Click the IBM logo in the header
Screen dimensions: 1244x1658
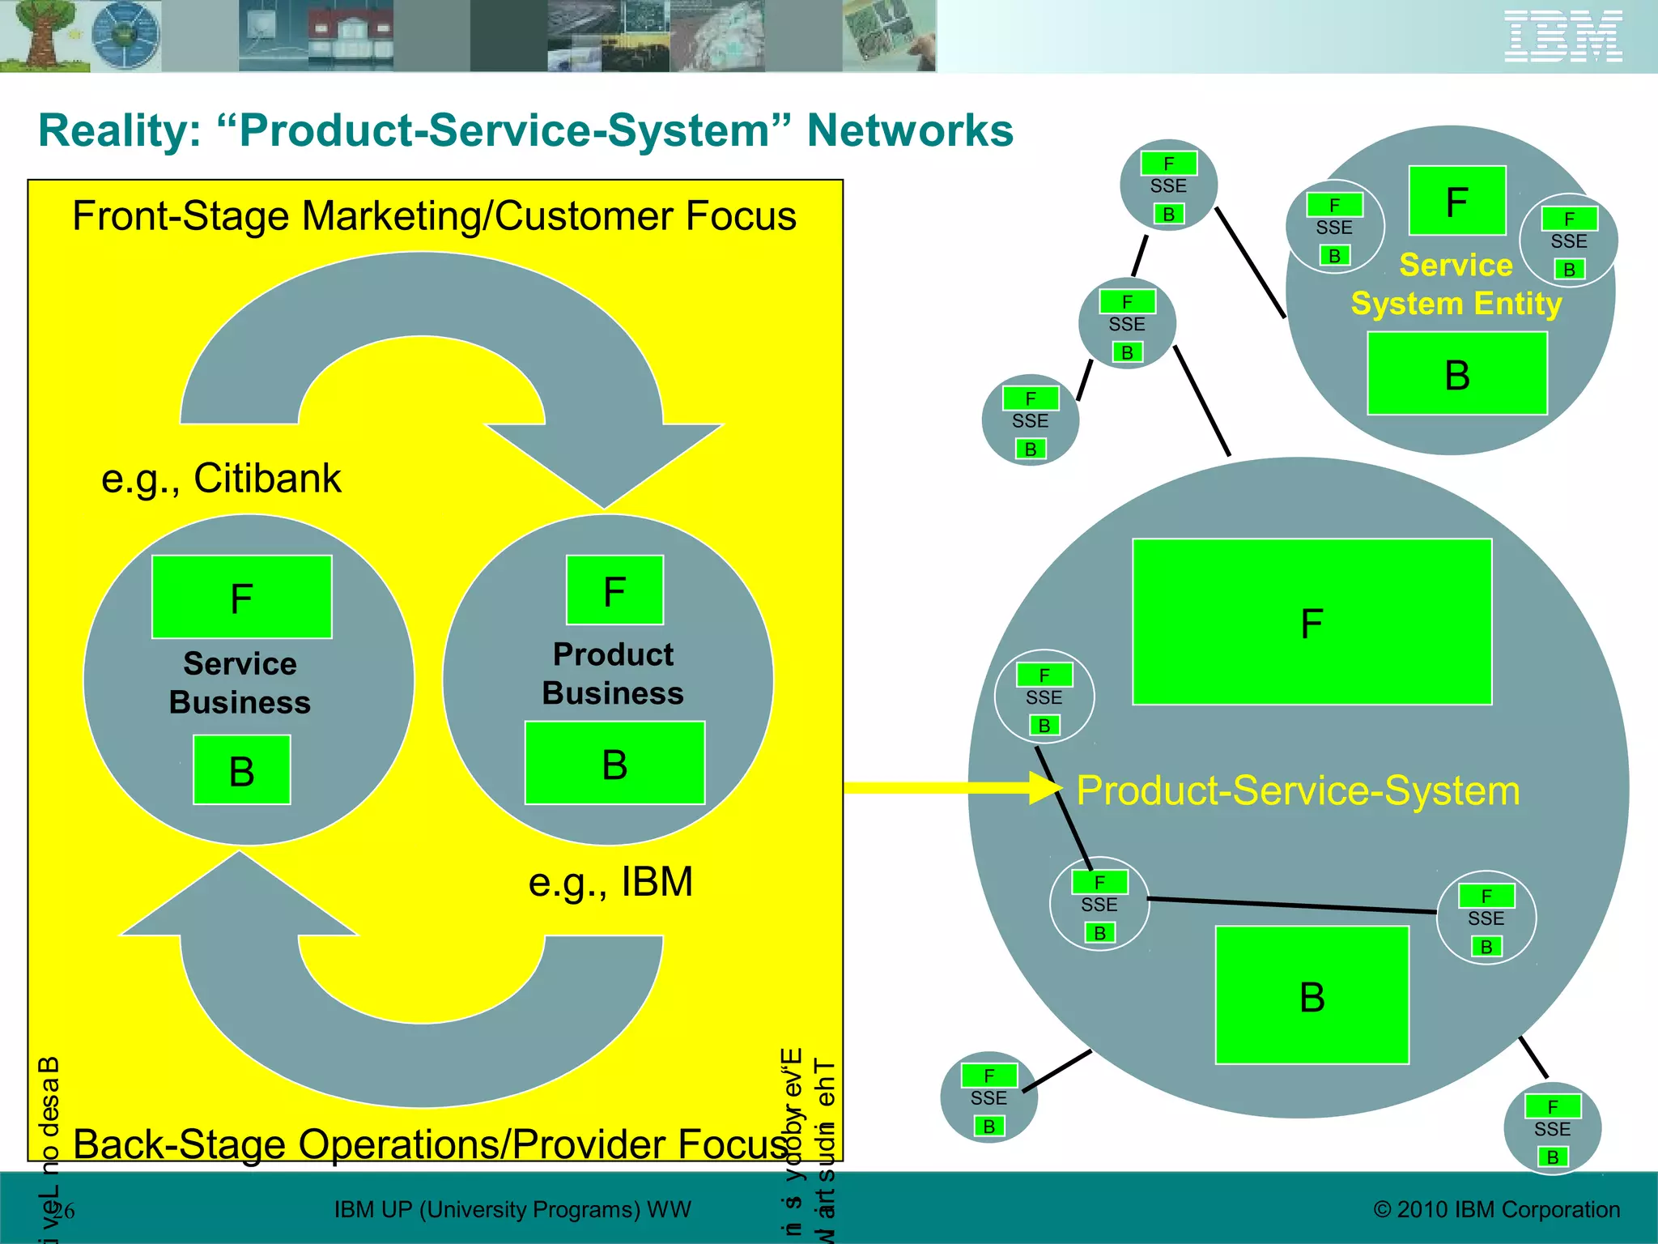1562,36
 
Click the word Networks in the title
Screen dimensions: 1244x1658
910,130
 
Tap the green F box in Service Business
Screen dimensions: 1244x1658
242,597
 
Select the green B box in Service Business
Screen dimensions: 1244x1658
242,770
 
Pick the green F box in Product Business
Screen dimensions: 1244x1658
614,590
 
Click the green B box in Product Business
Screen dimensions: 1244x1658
614,763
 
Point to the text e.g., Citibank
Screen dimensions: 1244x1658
221,478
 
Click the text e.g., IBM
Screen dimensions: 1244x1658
610,882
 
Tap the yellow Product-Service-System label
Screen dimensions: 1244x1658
1299,790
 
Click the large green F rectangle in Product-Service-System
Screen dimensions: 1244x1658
1312,622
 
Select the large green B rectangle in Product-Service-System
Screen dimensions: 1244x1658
1312,995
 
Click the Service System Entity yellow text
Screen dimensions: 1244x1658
1456,285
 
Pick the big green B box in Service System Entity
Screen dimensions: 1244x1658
1457,374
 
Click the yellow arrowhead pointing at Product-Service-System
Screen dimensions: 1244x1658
1044,787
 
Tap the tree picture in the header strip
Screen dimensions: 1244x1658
40,35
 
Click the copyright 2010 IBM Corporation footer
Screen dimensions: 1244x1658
1496,1209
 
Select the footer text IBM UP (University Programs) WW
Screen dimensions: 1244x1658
512,1209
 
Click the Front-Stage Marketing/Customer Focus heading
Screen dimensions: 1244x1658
434,216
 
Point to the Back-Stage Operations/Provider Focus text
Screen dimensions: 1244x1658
430,1144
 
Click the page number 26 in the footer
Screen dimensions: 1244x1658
65,1211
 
